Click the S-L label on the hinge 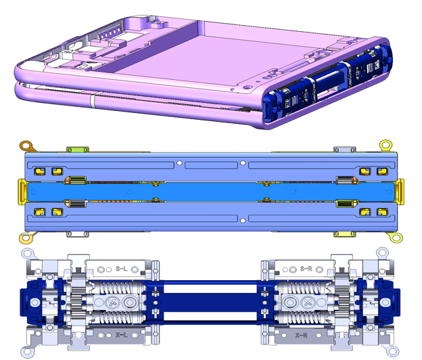coord(121,269)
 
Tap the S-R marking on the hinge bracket coord(306,269)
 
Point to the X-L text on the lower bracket coord(121,335)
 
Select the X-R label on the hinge coord(301,335)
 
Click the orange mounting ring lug coord(27,146)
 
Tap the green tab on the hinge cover coord(78,150)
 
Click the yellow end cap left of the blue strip coord(22,192)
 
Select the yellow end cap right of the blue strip coord(400,192)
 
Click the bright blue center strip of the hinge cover coord(211,192)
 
